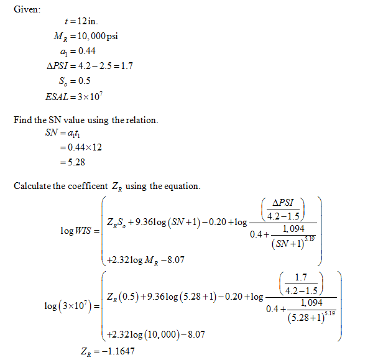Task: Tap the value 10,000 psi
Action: pos(99,37)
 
